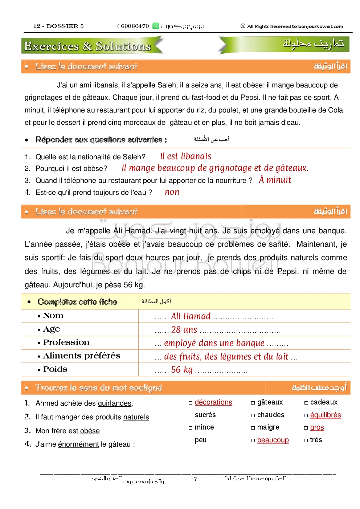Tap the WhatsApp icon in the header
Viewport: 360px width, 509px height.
(x=156, y=26)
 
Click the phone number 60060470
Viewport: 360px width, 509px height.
(x=135, y=26)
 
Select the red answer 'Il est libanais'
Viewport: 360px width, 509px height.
(x=185, y=156)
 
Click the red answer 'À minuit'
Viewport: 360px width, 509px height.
(x=275, y=180)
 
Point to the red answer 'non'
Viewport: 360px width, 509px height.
(x=172, y=192)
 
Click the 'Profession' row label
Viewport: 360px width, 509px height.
(x=66, y=342)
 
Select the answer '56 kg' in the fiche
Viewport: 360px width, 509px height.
(x=182, y=370)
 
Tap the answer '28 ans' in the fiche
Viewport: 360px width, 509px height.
(x=184, y=330)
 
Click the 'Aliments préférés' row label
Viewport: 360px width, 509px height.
(x=81, y=356)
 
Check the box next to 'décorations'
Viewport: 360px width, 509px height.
(x=191, y=403)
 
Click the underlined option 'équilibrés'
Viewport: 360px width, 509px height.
(x=326, y=415)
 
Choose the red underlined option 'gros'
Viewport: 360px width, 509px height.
(x=317, y=427)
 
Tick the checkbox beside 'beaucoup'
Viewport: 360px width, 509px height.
(x=253, y=440)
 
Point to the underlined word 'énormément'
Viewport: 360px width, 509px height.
(x=78, y=444)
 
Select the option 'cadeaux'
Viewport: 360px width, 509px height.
(x=324, y=402)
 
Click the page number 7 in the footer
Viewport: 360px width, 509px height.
(x=195, y=479)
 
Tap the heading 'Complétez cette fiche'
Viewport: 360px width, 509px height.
(x=77, y=302)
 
